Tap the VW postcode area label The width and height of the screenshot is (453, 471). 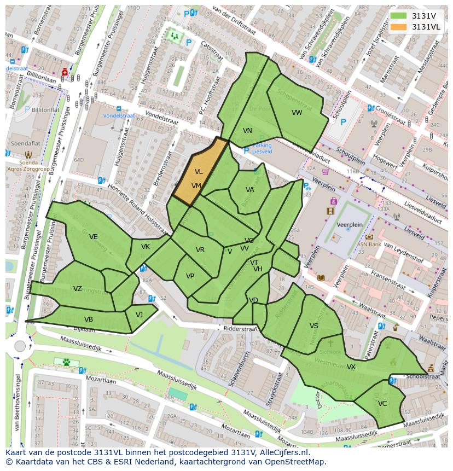click(x=297, y=113)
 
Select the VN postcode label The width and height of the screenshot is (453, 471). click(x=247, y=131)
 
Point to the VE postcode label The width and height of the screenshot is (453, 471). click(x=94, y=237)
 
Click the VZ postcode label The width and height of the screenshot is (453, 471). click(x=78, y=289)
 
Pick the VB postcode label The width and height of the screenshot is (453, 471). click(x=88, y=319)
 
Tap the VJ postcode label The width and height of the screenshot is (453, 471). click(x=139, y=315)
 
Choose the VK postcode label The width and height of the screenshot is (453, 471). click(x=145, y=247)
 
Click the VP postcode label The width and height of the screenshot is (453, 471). click(x=190, y=276)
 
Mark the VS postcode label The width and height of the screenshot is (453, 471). click(x=313, y=326)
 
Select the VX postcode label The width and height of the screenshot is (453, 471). click(x=351, y=367)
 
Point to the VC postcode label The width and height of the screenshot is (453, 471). click(x=382, y=404)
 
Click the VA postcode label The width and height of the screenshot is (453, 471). click(x=249, y=190)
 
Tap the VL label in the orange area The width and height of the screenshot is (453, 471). click(x=199, y=172)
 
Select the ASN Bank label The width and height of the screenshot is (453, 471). click(x=369, y=245)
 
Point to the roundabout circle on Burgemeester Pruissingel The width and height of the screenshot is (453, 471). click(x=20, y=346)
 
